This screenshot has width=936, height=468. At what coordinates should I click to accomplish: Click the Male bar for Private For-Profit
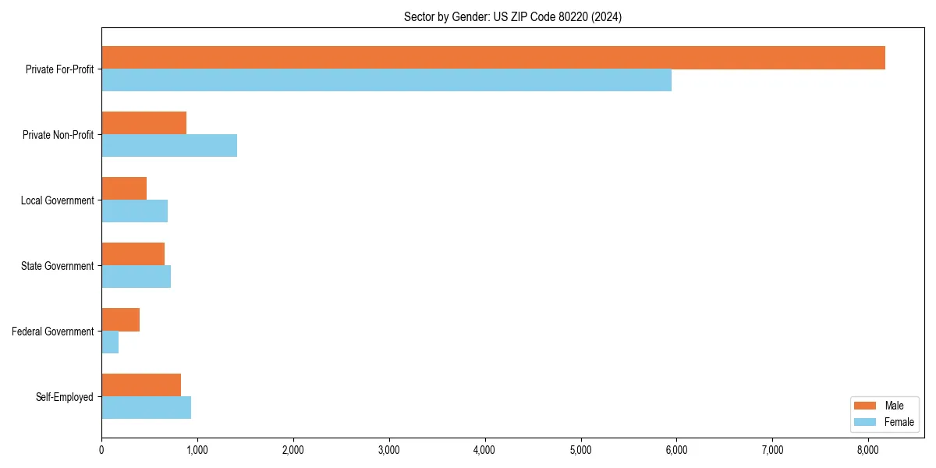pyautogui.click(x=493, y=58)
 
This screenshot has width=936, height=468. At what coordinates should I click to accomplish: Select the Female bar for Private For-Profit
pyautogui.click(x=386, y=80)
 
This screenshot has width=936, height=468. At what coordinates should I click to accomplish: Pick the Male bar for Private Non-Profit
pyautogui.click(x=144, y=123)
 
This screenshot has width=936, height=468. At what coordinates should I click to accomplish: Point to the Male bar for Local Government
pyautogui.click(x=124, y=189)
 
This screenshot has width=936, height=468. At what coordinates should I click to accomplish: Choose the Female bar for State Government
pyautogui.click(x=136, y=277)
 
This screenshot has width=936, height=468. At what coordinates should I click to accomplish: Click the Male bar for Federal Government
pyautogui.click(x=120, y=320)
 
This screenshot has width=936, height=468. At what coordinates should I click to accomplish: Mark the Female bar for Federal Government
pyautogui.click(x=110, y=342)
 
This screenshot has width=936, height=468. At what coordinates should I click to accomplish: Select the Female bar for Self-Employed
pyautogui.click(x=146, y=408)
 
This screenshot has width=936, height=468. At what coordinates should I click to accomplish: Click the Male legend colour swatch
pyautogui.click(x=866, y=406)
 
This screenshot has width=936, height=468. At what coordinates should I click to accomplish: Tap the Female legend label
pyautogui.click(x=899, y=422)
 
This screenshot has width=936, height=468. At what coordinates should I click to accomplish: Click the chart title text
pyautogui.click(x=512, y=16)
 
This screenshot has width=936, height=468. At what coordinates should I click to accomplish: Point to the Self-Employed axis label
pyautogui.click(x=65, y=397)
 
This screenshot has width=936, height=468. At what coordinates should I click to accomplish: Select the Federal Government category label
pyautogui.click(x=53, y=331)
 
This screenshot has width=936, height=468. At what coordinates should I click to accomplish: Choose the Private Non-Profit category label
pyautogui.click(x=58, y=135)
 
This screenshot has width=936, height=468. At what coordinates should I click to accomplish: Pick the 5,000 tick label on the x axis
pyautogui.click(x=580, y=450)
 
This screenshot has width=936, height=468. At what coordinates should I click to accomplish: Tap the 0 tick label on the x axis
pyautogui.click(x=101, y=450)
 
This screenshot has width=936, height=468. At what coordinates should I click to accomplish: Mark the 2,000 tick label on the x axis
pyautogui.click(x=293, y=450)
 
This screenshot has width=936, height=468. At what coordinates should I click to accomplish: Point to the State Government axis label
pyautogui.click(x=57, y=266)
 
